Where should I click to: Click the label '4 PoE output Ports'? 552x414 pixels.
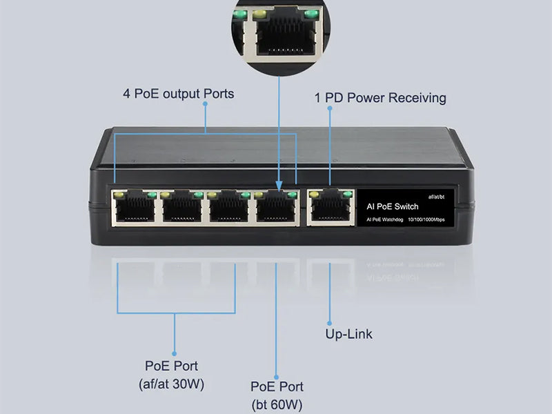point(178,93)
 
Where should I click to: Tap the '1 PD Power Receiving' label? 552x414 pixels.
point(380,98)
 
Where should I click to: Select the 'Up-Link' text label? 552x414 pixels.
point(348,334)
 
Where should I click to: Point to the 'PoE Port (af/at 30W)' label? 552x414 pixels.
point(175,374)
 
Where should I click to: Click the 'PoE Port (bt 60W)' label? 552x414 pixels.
point(277,395)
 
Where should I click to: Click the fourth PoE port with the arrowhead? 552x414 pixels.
point(275,206)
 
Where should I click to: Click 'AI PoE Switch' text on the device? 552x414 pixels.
point(391,206)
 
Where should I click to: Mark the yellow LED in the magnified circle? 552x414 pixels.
point(260,13)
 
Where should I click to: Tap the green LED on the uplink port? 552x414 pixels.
point(342,194)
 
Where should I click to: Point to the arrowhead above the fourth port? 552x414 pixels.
point(279,186)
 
